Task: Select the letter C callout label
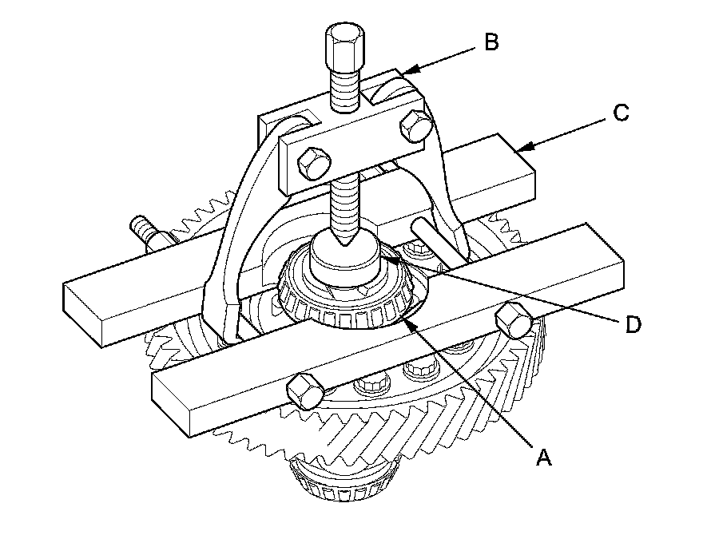[621, 113]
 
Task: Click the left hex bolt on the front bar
[304, 390]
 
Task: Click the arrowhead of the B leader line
[403, 73]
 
